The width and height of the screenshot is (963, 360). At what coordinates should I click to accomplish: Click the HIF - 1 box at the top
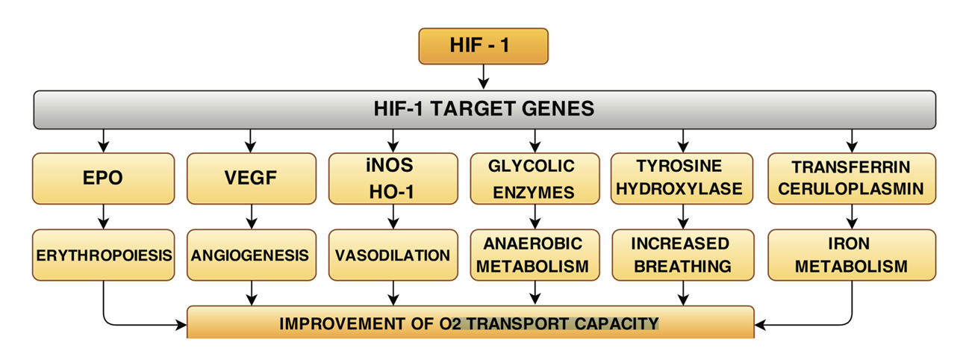pos(483,46)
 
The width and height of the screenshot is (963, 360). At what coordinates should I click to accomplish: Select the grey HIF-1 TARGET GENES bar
pos(484,110)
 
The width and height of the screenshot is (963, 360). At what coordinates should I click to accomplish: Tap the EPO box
pos(103,178)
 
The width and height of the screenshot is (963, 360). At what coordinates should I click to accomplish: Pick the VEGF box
pos(252,178)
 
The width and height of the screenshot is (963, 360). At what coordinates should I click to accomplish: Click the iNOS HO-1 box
pos(393,178)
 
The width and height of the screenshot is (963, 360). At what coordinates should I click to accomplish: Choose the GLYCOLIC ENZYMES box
pos(535,178)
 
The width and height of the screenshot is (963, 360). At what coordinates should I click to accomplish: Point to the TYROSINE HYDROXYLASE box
pos(682,178)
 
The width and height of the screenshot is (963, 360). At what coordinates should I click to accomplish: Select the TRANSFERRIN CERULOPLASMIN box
pos(852,178)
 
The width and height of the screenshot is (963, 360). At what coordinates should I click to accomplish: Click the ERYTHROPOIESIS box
pos(103,255)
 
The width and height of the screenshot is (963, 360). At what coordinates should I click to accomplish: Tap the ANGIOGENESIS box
pos(252,255)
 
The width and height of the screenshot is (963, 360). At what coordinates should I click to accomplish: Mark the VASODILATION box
pos(393,255)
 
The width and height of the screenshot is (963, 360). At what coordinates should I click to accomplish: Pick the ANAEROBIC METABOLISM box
pos(535,255)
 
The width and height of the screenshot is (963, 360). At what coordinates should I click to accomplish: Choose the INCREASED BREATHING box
pos(683,255)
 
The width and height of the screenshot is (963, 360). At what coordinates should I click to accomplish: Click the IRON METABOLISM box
pos(852,255)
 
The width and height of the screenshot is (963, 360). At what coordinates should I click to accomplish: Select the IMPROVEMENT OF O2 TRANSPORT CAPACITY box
pos(470,322)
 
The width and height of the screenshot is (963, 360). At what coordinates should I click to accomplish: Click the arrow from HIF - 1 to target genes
pos(484,77)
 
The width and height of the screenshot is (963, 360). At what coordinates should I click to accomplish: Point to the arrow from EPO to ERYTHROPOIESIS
pos(103,217)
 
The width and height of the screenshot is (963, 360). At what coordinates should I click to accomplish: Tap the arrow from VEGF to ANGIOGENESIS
pos(252,217)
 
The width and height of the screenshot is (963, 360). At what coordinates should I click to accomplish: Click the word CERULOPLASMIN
pos(851,189)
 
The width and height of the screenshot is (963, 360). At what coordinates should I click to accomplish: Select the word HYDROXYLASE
pos(679,189)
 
